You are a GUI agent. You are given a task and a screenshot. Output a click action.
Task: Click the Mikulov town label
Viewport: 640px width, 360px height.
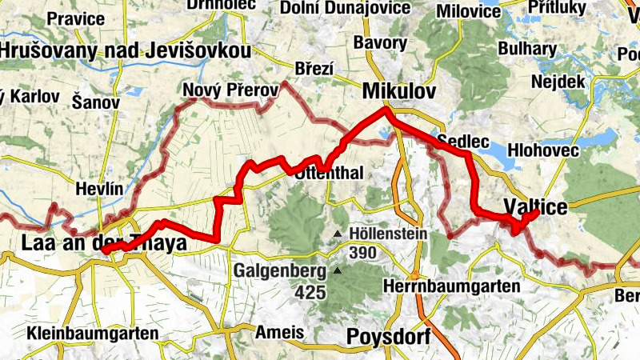[x=399, y=91]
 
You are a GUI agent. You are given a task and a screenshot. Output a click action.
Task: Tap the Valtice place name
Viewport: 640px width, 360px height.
[x=536, y=207]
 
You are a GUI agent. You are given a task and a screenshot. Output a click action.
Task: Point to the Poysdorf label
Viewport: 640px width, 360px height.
[x=389, y=337]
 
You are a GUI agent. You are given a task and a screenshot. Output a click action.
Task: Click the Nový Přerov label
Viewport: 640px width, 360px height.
[x=230, y=90]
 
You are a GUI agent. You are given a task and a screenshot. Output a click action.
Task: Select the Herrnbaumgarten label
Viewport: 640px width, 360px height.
[x=452, y=286]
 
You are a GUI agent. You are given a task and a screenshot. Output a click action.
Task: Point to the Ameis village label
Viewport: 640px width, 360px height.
[x=280, y=332]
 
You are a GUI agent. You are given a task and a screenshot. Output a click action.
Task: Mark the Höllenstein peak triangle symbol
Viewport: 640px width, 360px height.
[x=338, y=234]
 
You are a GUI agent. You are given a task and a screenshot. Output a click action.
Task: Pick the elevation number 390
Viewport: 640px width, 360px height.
[x=362, y=252]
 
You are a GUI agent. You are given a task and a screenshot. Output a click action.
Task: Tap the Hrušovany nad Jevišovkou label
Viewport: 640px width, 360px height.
[x=125, y=51]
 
